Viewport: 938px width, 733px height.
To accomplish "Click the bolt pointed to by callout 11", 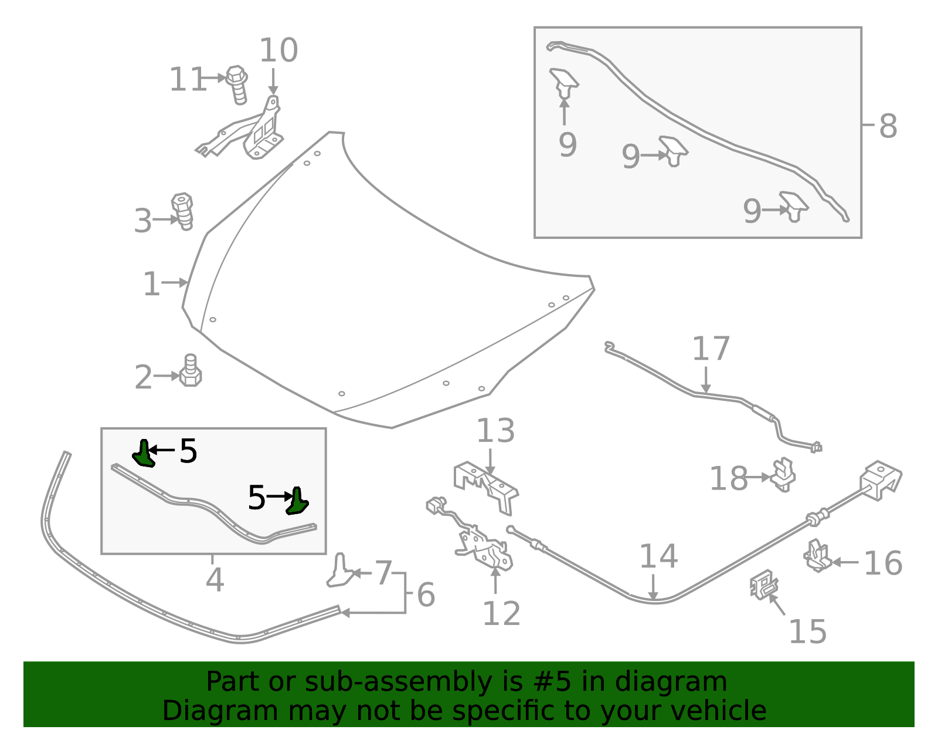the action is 237,85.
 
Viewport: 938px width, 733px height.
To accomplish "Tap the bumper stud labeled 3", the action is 182,211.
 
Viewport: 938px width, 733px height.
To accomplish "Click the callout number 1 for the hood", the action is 151,284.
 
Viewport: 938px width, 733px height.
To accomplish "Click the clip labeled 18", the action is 783,475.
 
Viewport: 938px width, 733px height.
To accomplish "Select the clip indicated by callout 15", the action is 764,585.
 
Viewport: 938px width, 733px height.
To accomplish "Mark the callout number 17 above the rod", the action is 711,349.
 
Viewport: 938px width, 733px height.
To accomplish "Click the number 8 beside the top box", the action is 888,127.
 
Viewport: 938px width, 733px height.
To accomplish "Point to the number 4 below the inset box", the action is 215,580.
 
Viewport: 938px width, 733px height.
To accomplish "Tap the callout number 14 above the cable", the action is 658,556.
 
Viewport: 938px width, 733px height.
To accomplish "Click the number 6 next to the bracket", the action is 426,594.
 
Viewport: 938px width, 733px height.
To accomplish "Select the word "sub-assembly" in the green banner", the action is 398,682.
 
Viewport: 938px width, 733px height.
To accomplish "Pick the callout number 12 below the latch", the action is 501,614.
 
